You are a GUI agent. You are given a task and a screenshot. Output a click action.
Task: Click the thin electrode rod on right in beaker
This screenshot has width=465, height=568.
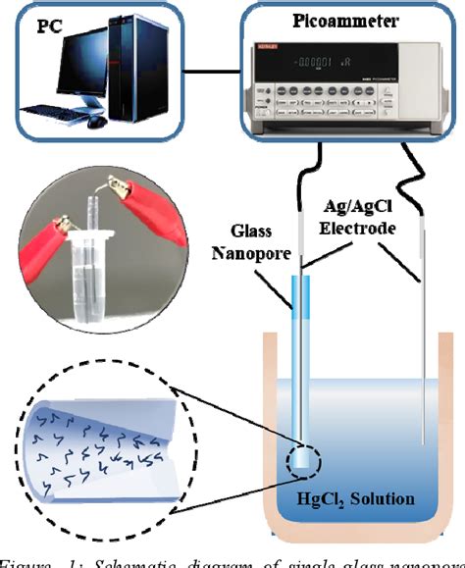(424, 392)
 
